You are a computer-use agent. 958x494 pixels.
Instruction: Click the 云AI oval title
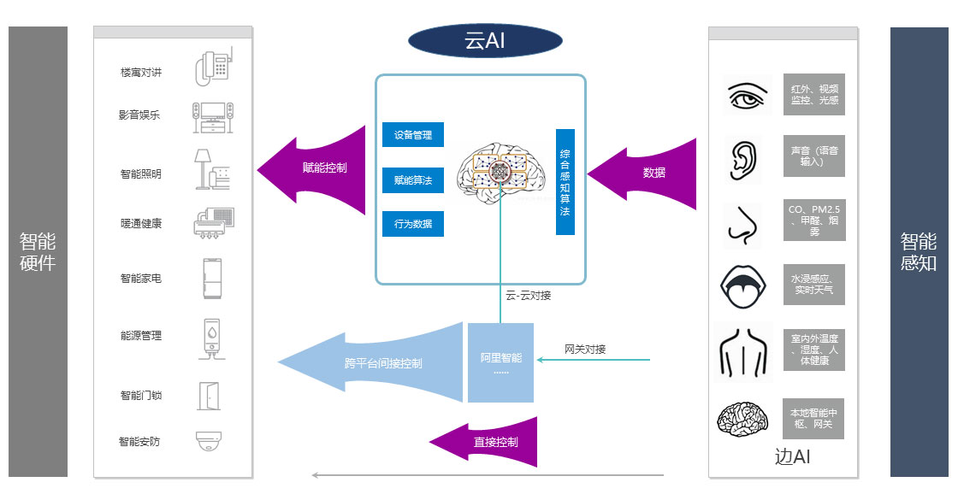click(485, 41)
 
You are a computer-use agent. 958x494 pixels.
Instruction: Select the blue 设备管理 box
click(413, 135)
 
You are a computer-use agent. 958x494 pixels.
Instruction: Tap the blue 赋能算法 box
click(413, 179)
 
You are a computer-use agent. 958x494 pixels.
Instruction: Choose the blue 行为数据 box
click(413, 224)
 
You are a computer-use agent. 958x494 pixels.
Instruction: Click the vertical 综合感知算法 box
click(565, 182)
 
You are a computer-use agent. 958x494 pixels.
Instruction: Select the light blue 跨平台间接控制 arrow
click(376, 363)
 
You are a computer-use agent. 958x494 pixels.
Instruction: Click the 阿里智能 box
click(500, 362)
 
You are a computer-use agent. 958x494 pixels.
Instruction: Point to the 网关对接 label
click(585, 349)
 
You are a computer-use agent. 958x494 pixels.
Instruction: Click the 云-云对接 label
click(528, 296)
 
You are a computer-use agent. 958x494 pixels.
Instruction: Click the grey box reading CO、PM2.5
click(813, 220)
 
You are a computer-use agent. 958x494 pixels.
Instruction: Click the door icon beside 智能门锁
click(210, 395)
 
